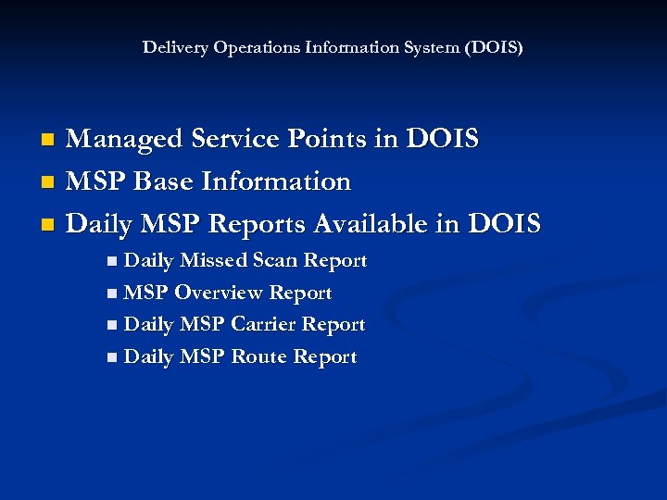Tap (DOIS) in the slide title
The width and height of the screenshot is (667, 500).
point(495,47)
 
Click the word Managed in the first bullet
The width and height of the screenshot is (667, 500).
point(126,139)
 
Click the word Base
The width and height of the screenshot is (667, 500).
point(165,181)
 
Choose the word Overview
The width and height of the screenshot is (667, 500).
point(218,294)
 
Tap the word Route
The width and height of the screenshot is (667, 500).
point(259,357)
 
